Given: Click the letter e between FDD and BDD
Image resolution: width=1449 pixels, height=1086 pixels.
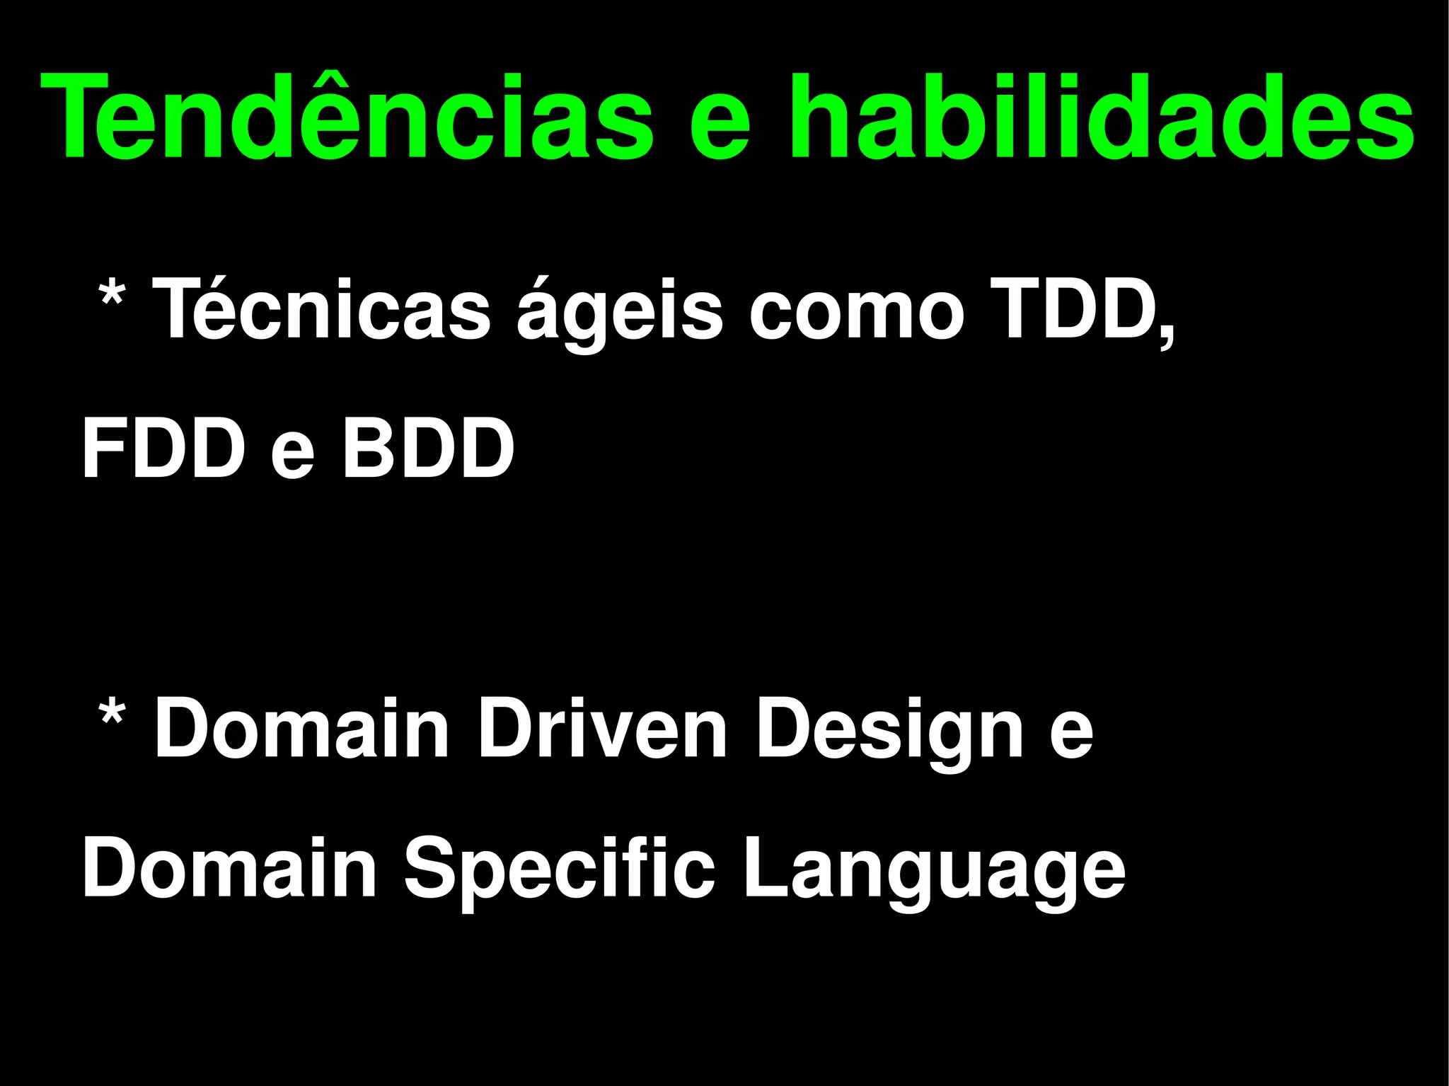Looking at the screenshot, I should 292,456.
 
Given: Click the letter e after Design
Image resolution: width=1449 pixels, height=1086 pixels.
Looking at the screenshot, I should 1071,736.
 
